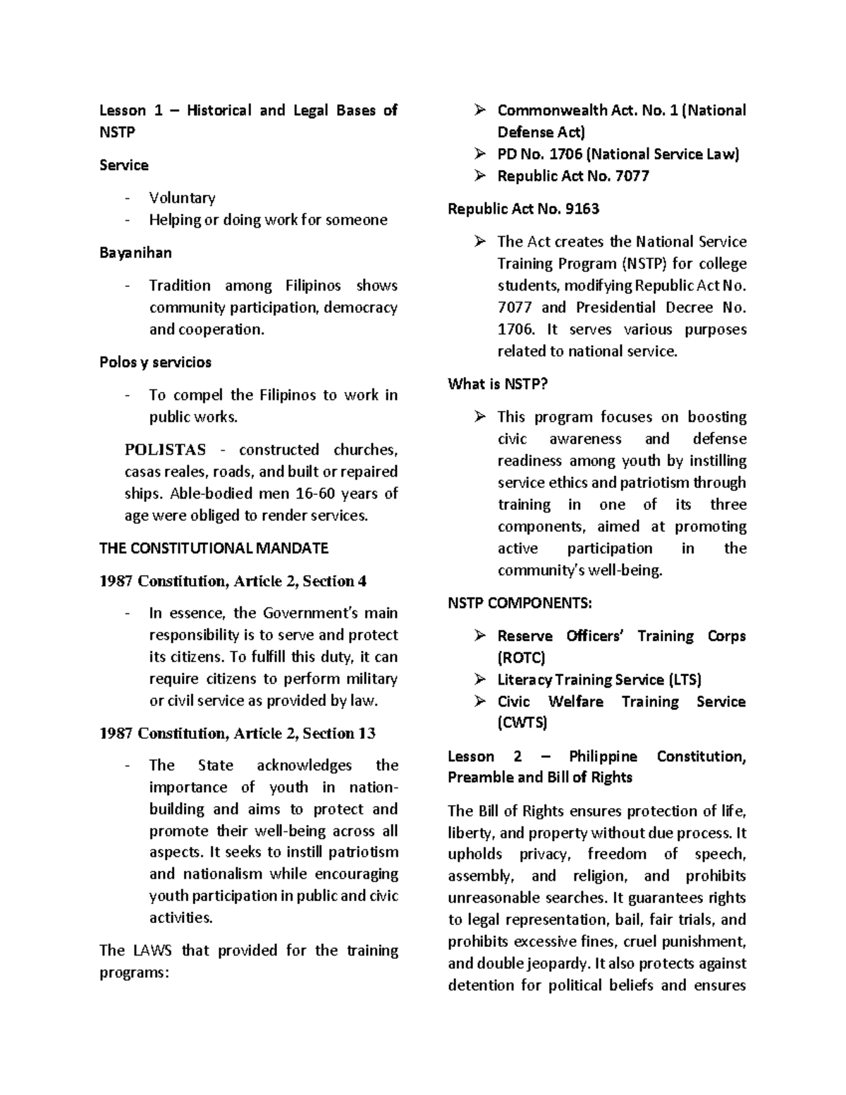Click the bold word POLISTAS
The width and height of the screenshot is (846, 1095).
click(x=165, y=450)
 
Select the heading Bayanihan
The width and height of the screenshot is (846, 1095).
click(x=135, y=252)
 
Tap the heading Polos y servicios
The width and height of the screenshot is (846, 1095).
click(x=155, y=362)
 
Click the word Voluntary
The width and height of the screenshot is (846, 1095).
click(x=182, y=198)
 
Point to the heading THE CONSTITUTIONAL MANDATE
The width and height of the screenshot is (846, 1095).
click(x=214, y=548)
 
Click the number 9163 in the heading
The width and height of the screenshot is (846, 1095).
click(x=582, y=209)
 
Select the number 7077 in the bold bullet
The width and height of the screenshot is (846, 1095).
click(x=632, y=176)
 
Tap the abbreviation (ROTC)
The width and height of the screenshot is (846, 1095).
click(x=521, y=659)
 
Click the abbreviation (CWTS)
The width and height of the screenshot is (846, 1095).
click(x=522, y=723)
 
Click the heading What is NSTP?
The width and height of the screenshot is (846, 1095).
click(x=498, y=384)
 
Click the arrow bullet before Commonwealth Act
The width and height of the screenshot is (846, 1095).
click(x=480, y=110)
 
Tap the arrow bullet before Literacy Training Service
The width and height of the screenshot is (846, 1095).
click(x=480, y=680)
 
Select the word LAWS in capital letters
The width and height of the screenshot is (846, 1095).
click(x=152, y=950)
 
